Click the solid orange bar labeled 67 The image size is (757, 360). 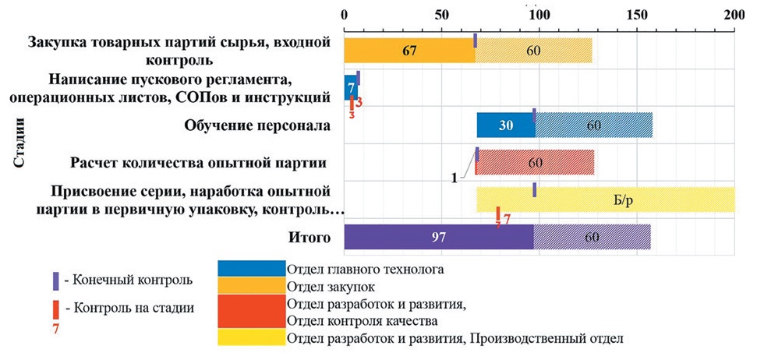coord(409,50)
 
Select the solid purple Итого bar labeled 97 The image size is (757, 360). coord(438,237)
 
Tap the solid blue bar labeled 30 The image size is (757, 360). coord(504,125)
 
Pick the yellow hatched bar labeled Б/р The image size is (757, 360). coord(605,199)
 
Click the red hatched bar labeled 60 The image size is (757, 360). coord(535,163)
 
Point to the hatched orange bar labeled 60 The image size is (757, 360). coord(534,50)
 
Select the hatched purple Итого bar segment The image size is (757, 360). coord(592,237)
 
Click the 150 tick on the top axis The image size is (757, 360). coord(637,15)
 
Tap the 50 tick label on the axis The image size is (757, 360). coord(441,15)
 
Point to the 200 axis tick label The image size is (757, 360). coord(734,15)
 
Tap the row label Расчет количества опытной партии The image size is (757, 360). coord(196,164)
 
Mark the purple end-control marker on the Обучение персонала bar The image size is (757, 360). coord(534,115)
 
